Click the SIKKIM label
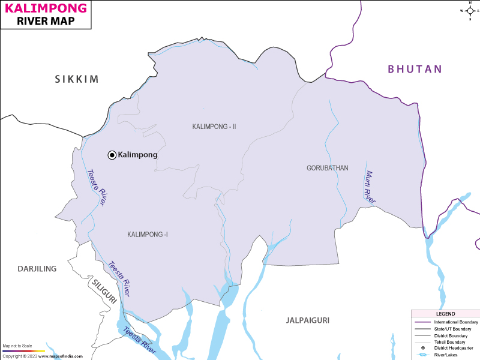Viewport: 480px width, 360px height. [x=76, y=79]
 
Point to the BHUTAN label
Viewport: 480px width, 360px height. [x=415, y=69]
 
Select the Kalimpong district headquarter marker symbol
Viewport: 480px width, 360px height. [x=112, y=155]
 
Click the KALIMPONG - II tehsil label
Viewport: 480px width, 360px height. [x=215, y=127]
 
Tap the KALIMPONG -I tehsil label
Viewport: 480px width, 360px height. [x=148, y=234]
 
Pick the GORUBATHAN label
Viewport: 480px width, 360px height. [x=327, y=168]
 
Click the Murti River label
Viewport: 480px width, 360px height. [x=370, y=187]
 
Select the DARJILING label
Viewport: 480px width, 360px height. [x=37, y=269]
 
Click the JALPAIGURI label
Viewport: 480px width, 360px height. [x=308, y=320]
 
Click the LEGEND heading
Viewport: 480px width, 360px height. [x=446, y=314]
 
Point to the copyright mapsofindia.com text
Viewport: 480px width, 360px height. [x=41, y=356]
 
